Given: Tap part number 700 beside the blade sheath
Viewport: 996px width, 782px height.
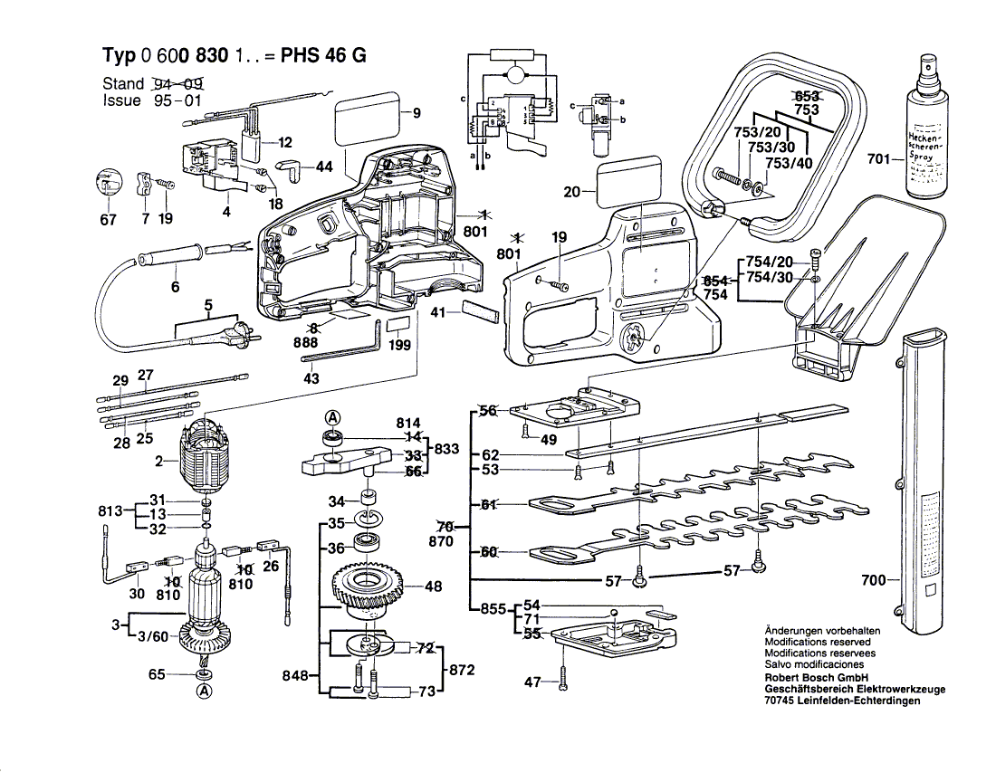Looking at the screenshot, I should [873, 580].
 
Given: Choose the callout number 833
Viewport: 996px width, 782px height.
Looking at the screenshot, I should [446, 448].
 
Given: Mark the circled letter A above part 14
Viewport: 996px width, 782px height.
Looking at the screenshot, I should [333, 417].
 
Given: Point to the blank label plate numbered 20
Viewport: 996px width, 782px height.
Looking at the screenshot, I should [628, 179].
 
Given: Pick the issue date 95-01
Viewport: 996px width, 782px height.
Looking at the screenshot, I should [177, 100].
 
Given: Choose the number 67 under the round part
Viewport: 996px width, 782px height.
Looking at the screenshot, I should [108, 219].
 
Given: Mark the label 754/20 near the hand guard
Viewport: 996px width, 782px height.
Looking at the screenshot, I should [770, 262].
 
